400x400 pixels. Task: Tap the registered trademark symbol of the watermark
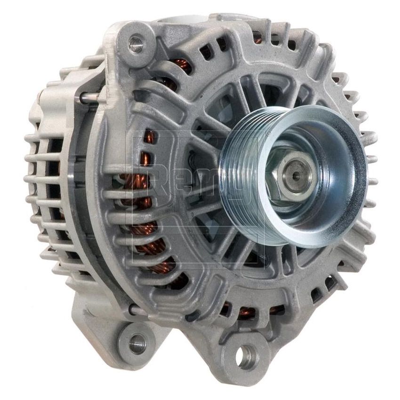click(x=268, y=135)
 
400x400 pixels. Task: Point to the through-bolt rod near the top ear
click(x=89, y=97)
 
